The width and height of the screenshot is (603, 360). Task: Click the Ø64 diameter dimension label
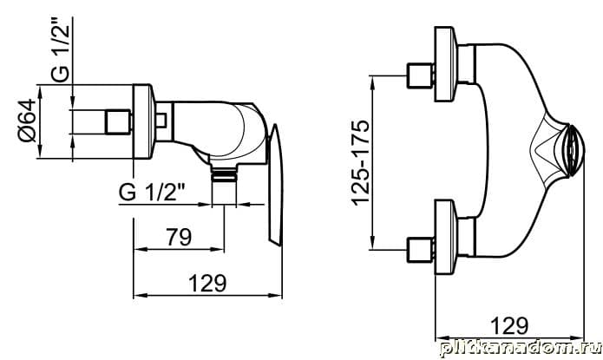coord(28,121)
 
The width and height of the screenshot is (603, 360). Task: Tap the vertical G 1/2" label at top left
coord(61,49)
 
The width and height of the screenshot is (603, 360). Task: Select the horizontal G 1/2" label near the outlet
coord(152,192)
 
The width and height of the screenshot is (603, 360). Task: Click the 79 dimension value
coord(179,237)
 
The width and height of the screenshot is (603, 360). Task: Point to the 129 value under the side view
coord(207,283)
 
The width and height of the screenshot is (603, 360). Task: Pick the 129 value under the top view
coord(510,326)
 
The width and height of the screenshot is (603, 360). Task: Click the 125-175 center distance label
coord(362,163)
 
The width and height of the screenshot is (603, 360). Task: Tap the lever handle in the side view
coord(275,184)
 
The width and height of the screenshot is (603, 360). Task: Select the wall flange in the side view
coord(143,121)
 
